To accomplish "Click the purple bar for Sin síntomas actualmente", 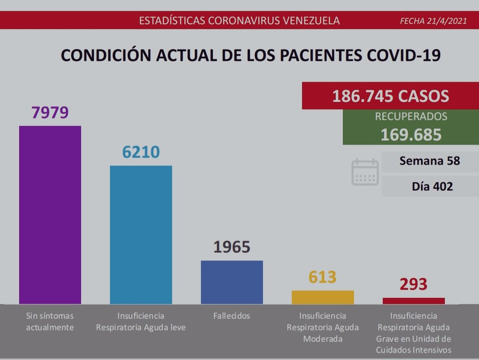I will (x=50, y=215).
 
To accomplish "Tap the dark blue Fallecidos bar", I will (x=232, y=282).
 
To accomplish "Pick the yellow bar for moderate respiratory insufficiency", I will (x=323, y=297).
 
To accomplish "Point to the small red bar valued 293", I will (x=414, y=301).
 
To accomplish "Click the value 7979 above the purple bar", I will (x=50, y=112).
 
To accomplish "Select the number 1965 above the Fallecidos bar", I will (x=232, y=247).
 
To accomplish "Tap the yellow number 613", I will (x=323, y=277).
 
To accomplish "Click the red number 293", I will (x=414, y=284).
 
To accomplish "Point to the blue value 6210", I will (x=141, y=152).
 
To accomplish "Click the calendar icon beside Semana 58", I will (x=365, y=173).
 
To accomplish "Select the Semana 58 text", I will (x=430, y=161).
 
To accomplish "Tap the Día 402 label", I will (x=432, y=187).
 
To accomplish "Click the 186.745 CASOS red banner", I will (x=391, y=96).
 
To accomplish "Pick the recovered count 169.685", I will (x=411, y=135).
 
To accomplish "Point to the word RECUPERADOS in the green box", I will (x=411, y=117).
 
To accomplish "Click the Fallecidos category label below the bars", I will (x=232, y=316).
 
